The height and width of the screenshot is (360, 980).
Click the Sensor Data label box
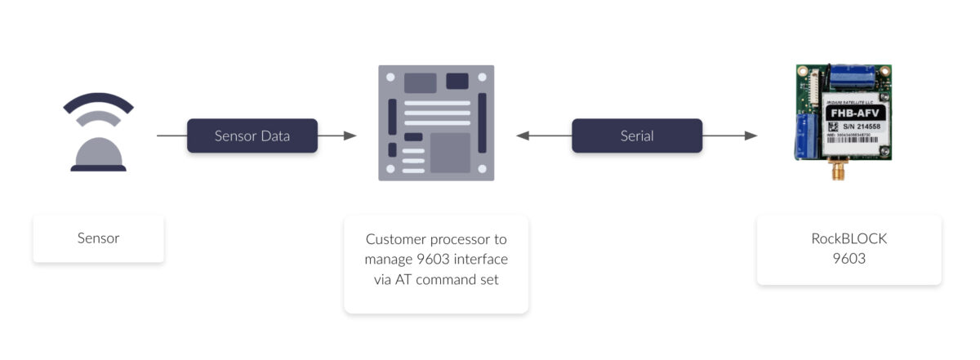click(x=252, y=136)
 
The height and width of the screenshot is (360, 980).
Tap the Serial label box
click(x=636, y=136)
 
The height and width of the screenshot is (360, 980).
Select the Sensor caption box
click(x=98, y=238)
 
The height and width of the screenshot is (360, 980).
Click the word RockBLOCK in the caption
click(x=849, y=239)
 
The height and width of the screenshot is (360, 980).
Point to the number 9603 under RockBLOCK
click(x=849, y=260)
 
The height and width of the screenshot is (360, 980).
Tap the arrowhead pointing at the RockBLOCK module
click(x=751, y=136)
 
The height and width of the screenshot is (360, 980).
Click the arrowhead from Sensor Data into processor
click(x=350, y=136)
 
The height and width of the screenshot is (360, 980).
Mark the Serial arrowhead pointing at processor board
click(x=523, y=136)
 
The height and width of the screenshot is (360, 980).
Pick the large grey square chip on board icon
click(x=450, y=153)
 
